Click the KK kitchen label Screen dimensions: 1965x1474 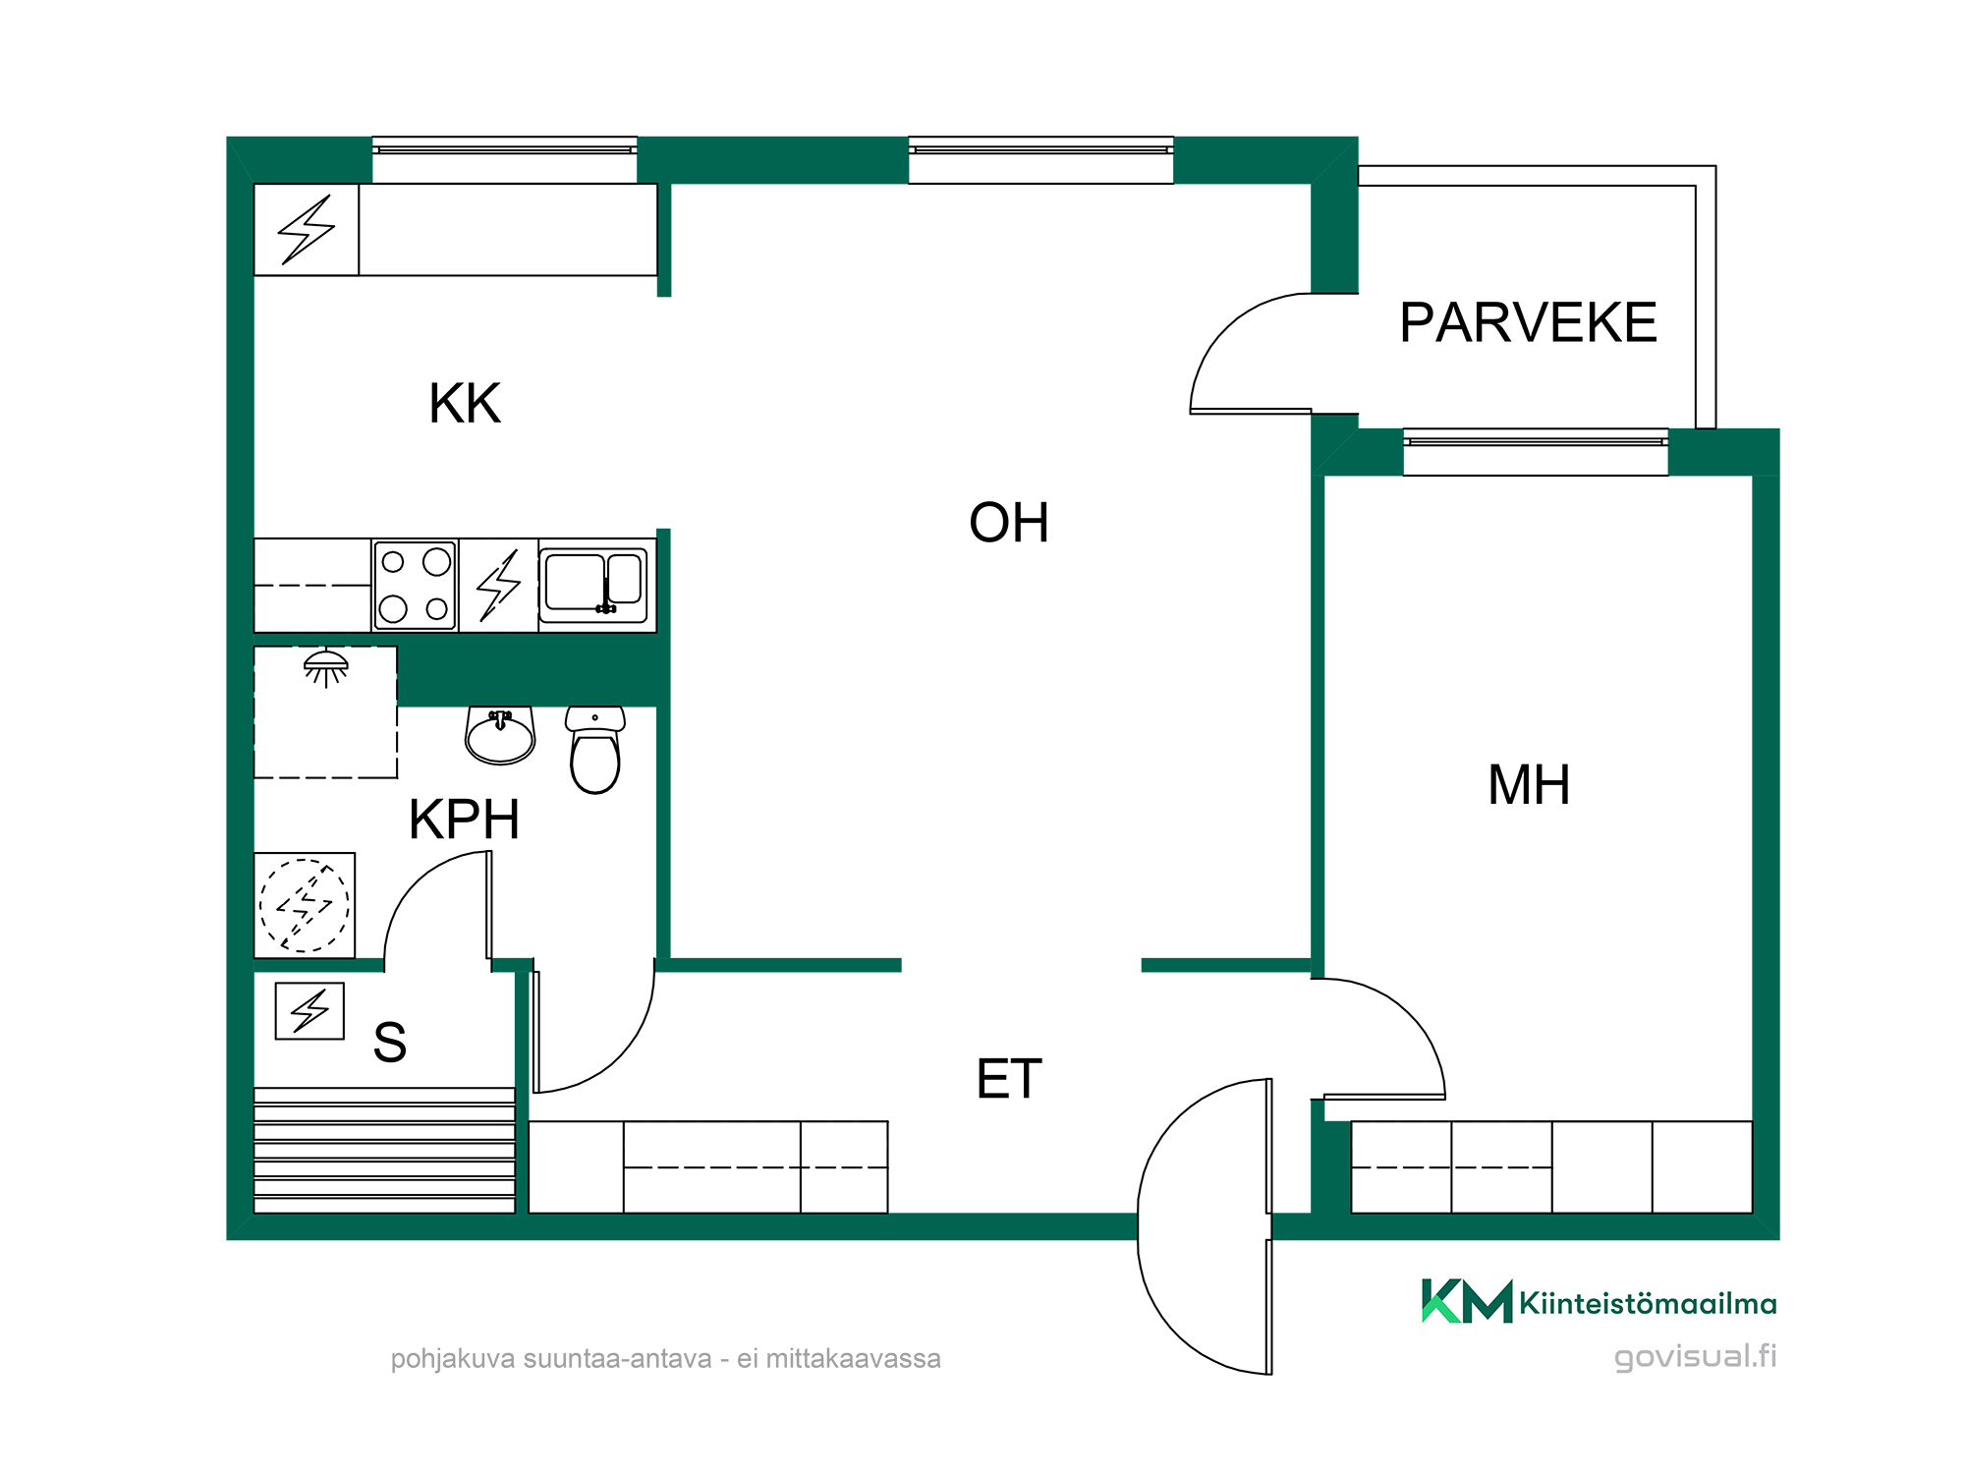pos(465,403)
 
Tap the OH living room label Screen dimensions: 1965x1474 pos(1009,523)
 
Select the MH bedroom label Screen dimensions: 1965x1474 pos(1529,785)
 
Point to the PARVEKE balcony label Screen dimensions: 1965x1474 pos(1528,322)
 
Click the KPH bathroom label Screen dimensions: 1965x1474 pos(464,819)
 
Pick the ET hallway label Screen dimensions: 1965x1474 pos(1009,1079)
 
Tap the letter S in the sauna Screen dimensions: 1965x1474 pos(390,1043)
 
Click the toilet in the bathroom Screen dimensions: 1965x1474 pos(595,750)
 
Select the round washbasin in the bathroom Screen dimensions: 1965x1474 pos(500,736)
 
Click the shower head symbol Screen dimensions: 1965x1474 pos(326,667)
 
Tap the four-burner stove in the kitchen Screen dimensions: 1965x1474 pos(415,585)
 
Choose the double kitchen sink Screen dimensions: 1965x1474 pos(593,585)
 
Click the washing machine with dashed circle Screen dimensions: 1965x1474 pos(305,905)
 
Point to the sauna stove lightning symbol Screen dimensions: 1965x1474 pos(309,1010)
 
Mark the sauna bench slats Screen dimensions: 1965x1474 pos(384,1150)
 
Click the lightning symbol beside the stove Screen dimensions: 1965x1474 pos(498,586)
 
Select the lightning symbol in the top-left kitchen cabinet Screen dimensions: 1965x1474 pos(307,230)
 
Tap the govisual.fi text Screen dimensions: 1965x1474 pos(1696,1356)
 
